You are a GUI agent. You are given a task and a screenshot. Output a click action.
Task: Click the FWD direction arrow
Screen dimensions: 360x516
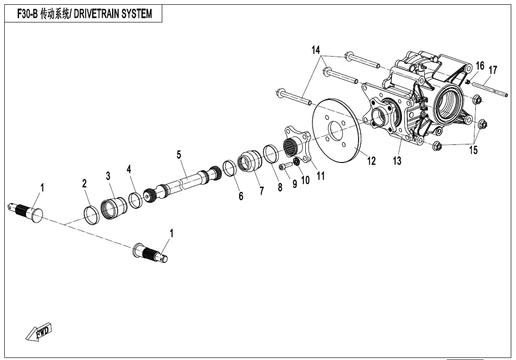[40, 333]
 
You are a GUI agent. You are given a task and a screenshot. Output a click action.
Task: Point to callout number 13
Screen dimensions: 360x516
[397, 161]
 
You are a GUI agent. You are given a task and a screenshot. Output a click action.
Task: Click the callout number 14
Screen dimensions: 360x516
[316, 50]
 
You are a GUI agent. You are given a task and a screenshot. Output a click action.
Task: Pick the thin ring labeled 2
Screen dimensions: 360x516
[91, 214]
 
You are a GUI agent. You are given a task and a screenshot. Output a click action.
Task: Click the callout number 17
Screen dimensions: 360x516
[492, 70]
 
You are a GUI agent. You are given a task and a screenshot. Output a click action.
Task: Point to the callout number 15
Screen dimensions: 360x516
[473, 150]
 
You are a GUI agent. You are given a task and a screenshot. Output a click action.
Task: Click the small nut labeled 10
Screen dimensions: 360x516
[296, 162]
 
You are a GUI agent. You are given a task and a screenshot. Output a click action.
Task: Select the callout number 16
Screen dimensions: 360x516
[480, 66]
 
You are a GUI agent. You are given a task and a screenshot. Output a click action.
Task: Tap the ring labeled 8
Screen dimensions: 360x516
[272, 153]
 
